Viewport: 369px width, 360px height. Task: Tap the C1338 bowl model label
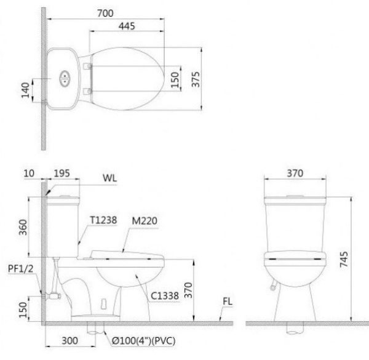tap(165, 296)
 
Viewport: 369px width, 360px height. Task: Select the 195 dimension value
tap(61, 174)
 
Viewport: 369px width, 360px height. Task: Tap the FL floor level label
tap(228, 303)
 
